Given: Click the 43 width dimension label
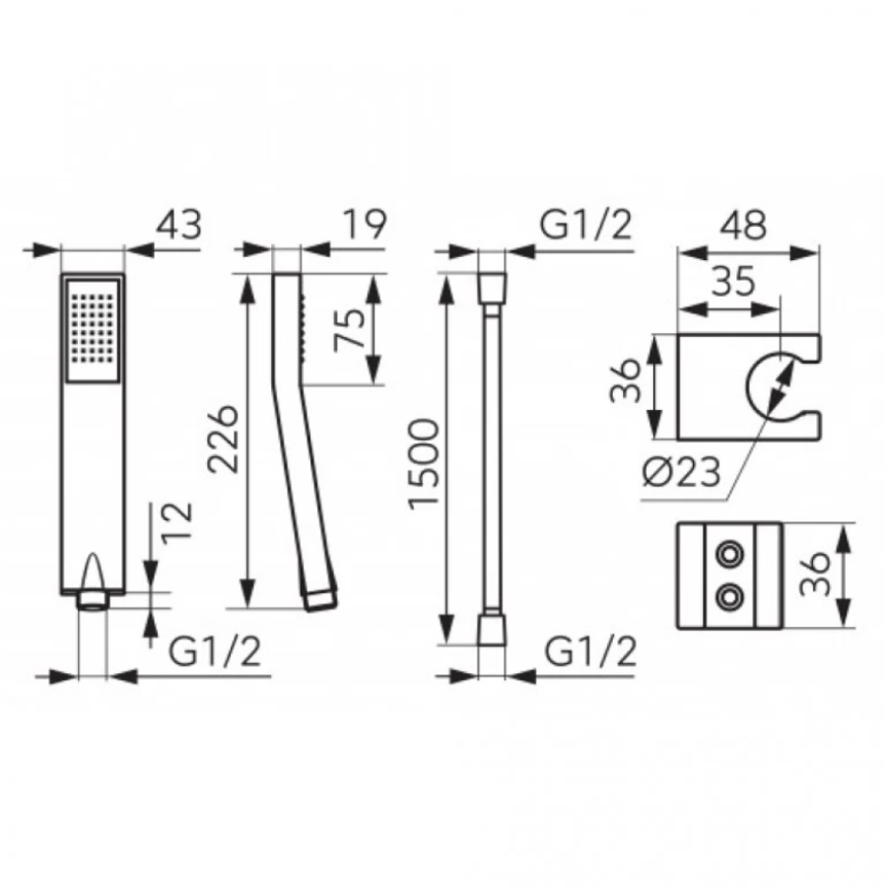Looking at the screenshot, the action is (x=178, y=225).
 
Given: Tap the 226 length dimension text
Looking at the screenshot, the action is (x=223, y=439).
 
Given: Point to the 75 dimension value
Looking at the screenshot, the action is (x=350, y=330).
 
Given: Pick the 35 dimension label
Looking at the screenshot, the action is (x=733, y=281).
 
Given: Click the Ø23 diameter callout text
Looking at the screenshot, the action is (x=682, y=471).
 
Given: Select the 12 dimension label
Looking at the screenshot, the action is (x=178, y=522).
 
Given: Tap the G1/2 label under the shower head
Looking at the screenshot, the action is (x=215, y=651).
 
